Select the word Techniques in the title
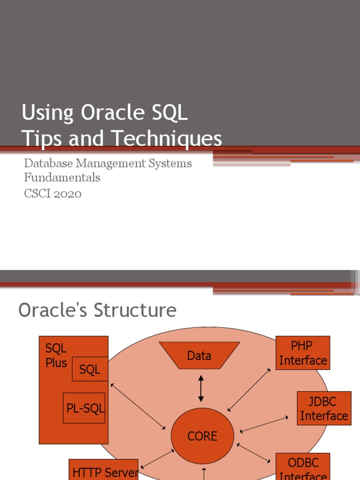pyautogui.click(x=166, y=138)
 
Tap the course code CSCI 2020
pyautogui.click(x=52, y=193)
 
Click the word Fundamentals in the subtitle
pyautogui.click(x=62, y=178)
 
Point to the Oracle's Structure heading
pyautogui.click(x=97, y=310)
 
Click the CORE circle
pyautogui.click(x=202, y=436)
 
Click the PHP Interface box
pyautogui.click(x=303, y=353)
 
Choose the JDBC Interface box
pyautogui.click(x=324, y=408)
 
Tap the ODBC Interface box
pyautogui.click(x=303, y=468)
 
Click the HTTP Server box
pyautogui.click(x=104, y=471)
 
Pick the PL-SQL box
pyautogui.click(x=84, y=408)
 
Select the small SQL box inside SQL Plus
pyautogui.click(x=90, y=369)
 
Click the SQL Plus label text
pyautogui.click(x=56, y=355)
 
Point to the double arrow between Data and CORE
pyautogui.click(x=201, y=388)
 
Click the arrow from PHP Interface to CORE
pyautogui.click(x=249, y=390)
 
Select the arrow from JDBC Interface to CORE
pyautogui.click(x=264, y=424)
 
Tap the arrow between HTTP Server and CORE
pyautogui.click(x=157, y=459)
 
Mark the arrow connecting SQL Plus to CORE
pyautogui.click(x=138, y=406)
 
